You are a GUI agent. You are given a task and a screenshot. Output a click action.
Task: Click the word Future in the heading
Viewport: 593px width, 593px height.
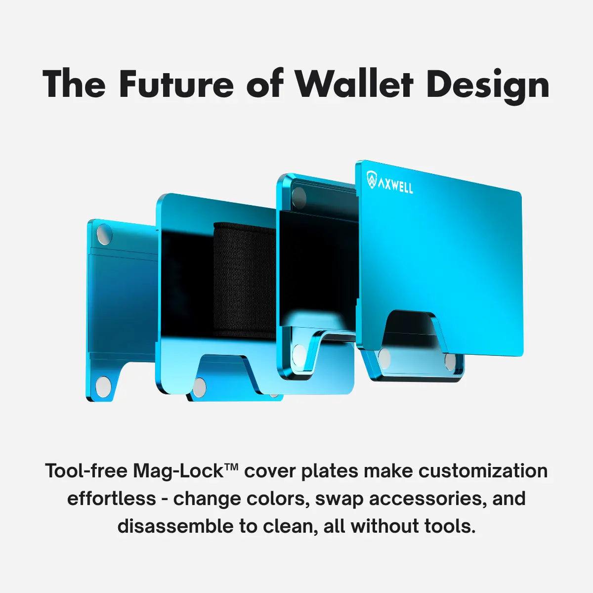[176, 84]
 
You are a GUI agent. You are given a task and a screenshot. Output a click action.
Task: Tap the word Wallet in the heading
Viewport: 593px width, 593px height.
[354, 84]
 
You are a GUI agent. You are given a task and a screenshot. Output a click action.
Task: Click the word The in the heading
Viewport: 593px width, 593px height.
[74, 84]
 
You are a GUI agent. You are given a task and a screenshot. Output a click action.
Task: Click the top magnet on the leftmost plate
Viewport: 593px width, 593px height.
[104, 235]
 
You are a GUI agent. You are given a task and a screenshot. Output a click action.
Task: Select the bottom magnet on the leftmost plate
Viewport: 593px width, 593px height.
[103, 386]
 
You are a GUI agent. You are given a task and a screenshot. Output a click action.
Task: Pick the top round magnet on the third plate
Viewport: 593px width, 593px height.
[298, 198]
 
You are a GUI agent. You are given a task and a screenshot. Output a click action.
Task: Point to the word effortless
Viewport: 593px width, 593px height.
[112, 498]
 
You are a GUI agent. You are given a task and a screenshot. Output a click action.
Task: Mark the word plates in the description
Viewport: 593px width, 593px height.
[330, 471]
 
